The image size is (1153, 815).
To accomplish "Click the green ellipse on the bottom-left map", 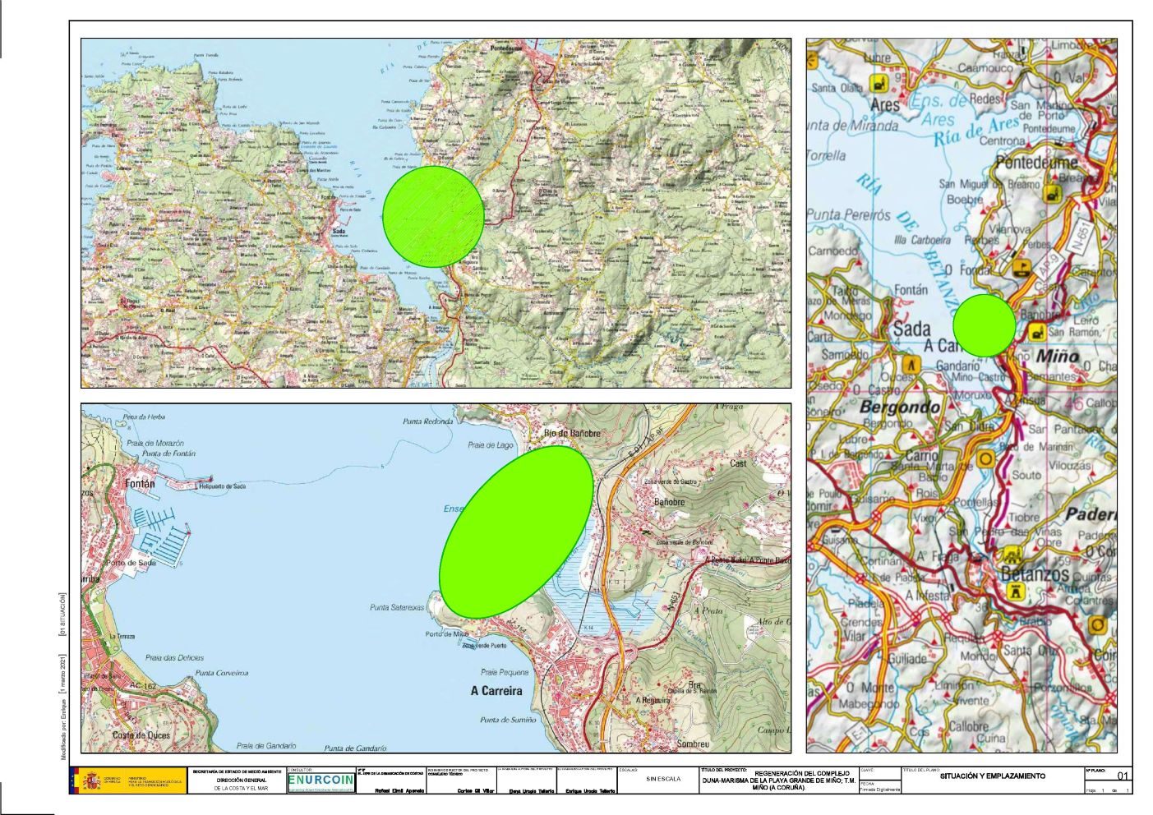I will point(516,530).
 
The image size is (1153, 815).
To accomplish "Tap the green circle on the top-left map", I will point(433,216).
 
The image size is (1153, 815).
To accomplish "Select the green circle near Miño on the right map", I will point(985,325).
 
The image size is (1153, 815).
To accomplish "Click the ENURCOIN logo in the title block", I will point(321,780).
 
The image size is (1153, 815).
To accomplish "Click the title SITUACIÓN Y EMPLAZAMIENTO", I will point(992,776).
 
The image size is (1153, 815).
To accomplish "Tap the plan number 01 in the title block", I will point(1123,776).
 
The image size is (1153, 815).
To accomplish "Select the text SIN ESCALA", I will point(663,779).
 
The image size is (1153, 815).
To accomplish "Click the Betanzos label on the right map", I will point(1035,573).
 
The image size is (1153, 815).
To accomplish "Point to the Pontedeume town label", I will point(1036,163).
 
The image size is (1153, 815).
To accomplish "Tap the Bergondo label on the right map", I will point(900,407).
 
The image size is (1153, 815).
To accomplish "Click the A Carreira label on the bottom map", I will point(496,691).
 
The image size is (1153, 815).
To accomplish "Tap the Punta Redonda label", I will point(427,421).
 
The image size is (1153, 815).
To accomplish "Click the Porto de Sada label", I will point(131,563).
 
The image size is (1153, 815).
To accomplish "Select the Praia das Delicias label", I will point(174,657).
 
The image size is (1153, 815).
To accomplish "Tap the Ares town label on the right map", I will point(885,105).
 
